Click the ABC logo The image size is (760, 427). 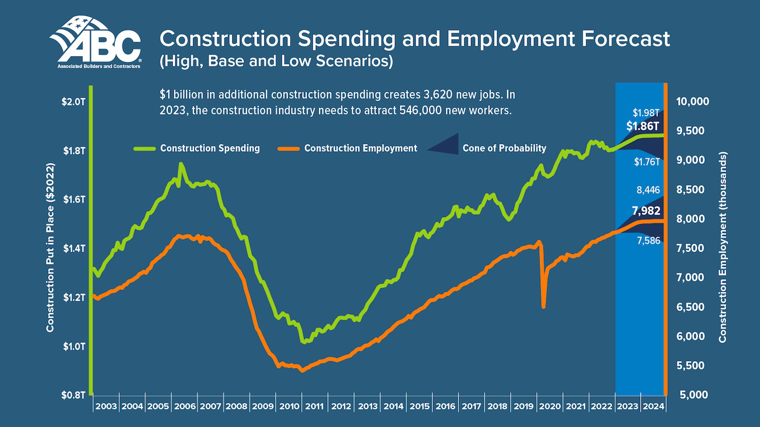point(96,43)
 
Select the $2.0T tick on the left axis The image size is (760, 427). point(74,101)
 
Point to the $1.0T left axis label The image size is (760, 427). point(74,346)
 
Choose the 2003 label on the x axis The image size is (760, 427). point(106,407)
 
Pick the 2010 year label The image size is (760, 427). point(289,407)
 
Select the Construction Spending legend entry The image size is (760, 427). point(210,148)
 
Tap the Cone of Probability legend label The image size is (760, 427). point(504,148)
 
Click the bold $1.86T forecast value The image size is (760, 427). point(643,126)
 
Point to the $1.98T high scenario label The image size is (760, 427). point(646,113)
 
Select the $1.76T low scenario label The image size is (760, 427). point(646,161)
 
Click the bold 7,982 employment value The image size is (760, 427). point(646,211)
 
